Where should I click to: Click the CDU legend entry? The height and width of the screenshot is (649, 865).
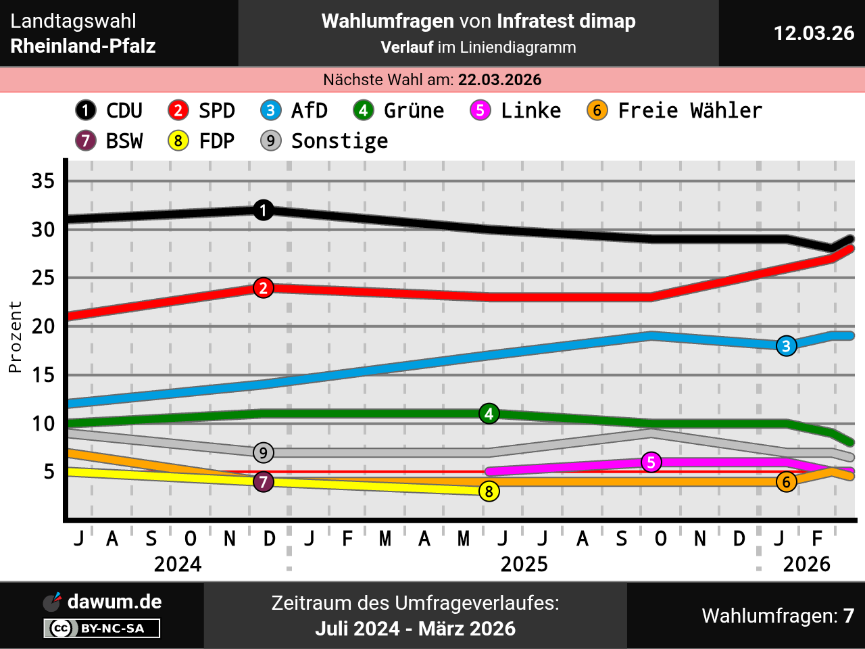tap(109, 110)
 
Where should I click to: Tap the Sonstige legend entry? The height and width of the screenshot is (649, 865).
tap(324, 141)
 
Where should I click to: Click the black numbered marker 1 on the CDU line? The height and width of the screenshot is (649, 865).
tap(264, 210)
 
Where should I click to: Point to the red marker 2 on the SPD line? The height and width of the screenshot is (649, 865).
tap(264, 288)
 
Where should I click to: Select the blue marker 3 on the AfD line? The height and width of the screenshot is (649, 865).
tap(786, 346)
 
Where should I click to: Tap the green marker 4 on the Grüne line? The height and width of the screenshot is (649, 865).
tap(489, 414)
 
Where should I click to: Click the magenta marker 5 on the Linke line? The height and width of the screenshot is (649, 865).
tap(651, 462)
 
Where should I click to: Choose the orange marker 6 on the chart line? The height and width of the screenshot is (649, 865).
tap(786, 482)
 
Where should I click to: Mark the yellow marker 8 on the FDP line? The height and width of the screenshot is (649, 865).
tap(489, 491)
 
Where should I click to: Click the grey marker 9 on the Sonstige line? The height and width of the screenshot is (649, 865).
tap(264, 453)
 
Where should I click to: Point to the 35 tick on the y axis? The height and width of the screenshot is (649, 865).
tap(43, 181)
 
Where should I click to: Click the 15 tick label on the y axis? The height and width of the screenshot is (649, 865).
tap(43, 375)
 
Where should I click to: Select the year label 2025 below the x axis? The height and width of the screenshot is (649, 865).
tap(524, 564)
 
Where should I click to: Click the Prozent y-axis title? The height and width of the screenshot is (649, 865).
tap(15, 337)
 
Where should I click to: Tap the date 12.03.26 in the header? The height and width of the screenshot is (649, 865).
tap(814, 33)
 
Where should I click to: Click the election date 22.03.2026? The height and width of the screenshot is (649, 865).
tap(499, 80)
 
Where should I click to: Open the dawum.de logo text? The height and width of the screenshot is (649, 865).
tap(114, 602)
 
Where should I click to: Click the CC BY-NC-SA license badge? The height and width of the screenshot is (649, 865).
tap(102, 628)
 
